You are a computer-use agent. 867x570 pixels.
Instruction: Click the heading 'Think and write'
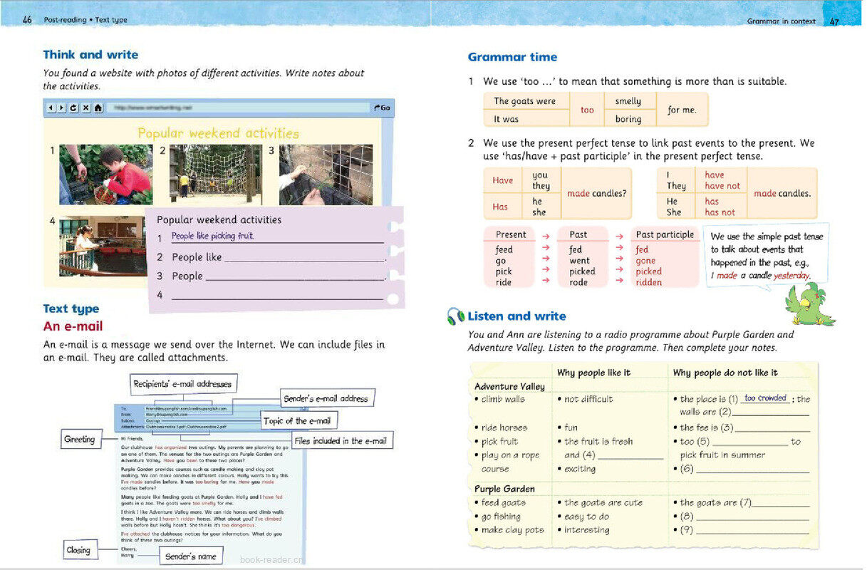90,55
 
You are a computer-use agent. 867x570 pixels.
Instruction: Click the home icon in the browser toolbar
98,108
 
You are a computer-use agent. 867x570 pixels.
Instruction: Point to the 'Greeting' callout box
79,440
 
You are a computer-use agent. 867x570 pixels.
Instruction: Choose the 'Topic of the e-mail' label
298,421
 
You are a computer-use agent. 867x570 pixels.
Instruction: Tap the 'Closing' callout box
78,550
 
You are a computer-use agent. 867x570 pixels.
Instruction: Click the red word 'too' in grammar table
587,110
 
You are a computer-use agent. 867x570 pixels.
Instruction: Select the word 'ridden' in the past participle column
648,282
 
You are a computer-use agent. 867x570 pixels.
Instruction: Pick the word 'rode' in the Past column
578,282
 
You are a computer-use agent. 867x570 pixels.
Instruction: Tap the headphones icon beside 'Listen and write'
455,316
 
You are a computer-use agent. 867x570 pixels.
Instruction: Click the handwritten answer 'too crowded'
765,398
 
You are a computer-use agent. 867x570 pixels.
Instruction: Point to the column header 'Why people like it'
593,373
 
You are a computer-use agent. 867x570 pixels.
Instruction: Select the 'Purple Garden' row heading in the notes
504,489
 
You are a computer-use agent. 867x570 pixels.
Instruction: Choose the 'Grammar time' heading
512,57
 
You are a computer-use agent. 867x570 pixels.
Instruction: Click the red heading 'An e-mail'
73,326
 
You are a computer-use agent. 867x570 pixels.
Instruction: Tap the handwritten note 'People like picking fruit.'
212,236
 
